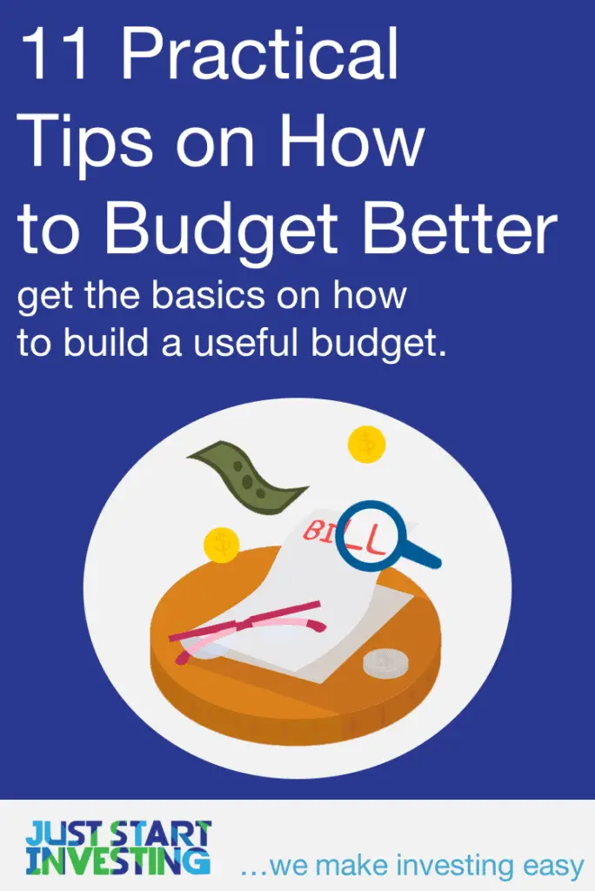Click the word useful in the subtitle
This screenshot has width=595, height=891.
(x=266, y=343)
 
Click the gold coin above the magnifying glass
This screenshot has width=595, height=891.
(x=366, y=445)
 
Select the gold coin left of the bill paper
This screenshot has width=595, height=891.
(x=221, y=545)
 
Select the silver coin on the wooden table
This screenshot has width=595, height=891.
(x=385, y=664)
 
